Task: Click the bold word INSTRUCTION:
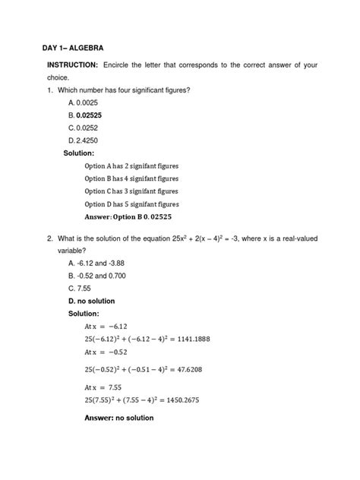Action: pos(73,66)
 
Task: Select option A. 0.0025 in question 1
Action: pos(86,102)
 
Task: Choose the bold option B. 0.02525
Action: pos(89,115)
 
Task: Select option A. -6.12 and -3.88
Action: pos(100,263)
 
